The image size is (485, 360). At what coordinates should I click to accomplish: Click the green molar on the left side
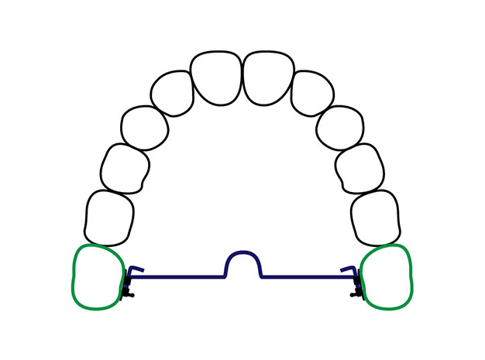(97, 276)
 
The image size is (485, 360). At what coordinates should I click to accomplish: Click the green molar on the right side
(387, 276)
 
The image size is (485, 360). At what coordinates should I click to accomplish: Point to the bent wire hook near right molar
(350, 269)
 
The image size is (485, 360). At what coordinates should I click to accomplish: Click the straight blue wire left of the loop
(178, 277)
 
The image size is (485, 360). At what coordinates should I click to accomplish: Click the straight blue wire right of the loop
(306, 277)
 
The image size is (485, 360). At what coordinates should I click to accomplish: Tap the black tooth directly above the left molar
(109, 217)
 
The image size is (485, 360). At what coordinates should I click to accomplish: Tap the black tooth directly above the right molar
(376, 217)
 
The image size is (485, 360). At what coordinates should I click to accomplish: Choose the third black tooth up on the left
(143, 125)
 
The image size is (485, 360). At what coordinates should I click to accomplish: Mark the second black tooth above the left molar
(126, 166)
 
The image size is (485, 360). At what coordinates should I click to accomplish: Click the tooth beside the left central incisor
(172, 93)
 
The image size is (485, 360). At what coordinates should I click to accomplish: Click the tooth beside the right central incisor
(312, 93)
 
